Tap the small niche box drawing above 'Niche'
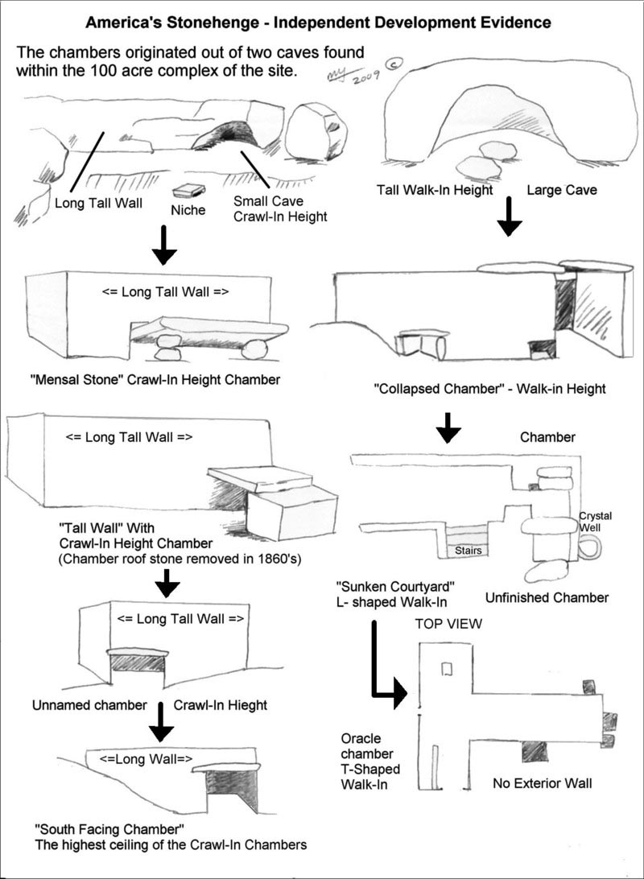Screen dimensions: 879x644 (188, 190)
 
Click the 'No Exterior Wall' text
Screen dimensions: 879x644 (542, 782)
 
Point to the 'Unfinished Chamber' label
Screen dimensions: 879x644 (547, 597)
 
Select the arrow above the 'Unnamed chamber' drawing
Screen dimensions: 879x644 (167, 583)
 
